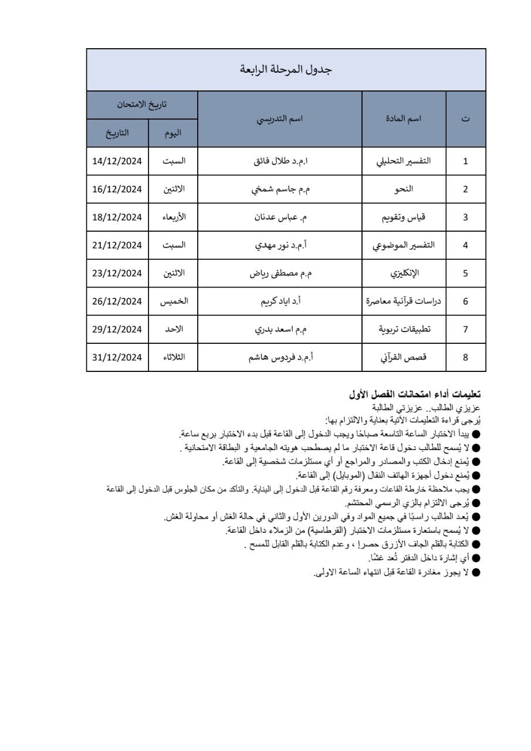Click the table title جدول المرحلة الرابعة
coord(286,70)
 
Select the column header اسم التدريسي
coord(280,119)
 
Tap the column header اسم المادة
coord(405,119)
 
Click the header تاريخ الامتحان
coord(142,105)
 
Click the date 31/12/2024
coord(118,357)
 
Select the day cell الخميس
coord(174,302)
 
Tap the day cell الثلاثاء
coord(174,357)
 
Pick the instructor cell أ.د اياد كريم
coord(280,302)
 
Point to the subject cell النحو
coord(405,189)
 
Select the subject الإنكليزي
coord(405,273)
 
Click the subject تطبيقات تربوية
coord(405,329)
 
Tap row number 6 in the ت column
coord(466,302)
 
